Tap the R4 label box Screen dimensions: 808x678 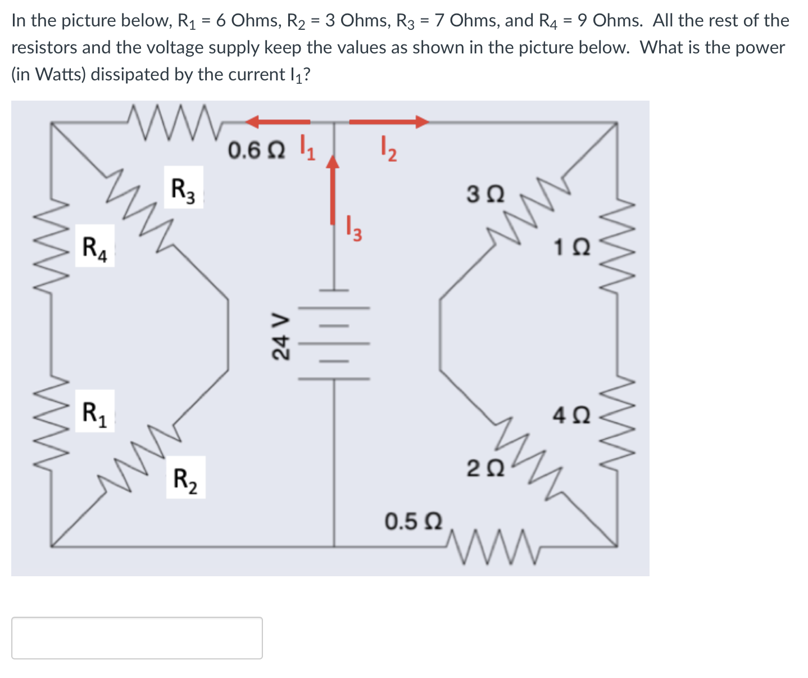94,246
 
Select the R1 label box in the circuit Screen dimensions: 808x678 94,411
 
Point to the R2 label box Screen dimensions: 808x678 185,478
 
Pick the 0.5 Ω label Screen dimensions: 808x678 413,521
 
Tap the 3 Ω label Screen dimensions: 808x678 485,195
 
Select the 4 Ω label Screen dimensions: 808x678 571,415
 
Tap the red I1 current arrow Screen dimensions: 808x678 278,121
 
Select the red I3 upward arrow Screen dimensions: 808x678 334,189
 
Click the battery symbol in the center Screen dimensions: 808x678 334,335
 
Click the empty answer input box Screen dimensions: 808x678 137,638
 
